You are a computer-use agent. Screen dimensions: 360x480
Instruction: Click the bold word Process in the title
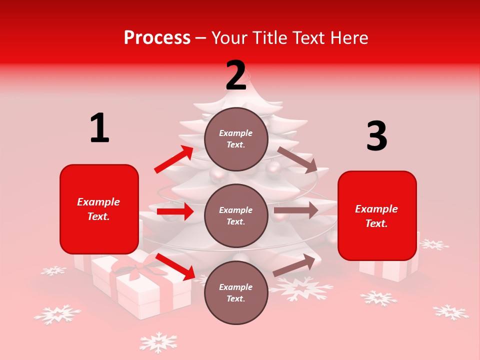(157, 38)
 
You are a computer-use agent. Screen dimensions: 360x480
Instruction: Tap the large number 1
(99, 128)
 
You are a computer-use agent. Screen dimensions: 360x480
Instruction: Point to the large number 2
(236, 75)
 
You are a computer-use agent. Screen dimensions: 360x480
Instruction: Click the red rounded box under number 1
(99, 209)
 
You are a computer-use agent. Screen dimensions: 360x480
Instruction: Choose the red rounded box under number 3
(377, 216)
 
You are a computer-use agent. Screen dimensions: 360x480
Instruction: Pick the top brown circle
(236, 139)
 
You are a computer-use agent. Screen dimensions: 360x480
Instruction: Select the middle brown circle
(236, 215)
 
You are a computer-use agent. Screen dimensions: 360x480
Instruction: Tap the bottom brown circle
(236, 292)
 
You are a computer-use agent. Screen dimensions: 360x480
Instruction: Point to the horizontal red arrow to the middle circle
(175, 211)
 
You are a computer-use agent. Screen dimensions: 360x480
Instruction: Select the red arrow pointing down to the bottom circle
(175, 266)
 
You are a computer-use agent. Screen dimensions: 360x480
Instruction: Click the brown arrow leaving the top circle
(297, 160)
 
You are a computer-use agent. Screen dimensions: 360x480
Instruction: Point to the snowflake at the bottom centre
(158, 342)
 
